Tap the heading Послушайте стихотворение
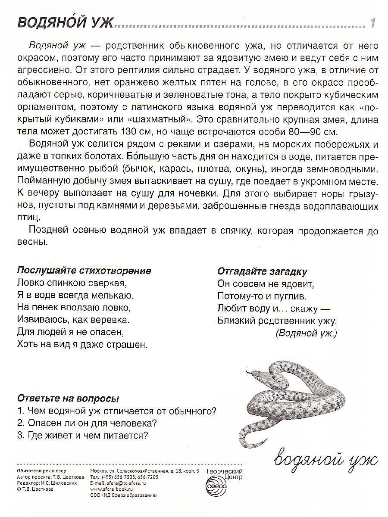click(84, 271)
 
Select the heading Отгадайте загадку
click(262, 271)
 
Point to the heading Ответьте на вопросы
click(68, 398)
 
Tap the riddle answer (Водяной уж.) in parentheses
click(306, 333)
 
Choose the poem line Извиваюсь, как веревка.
click(73, 320)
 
